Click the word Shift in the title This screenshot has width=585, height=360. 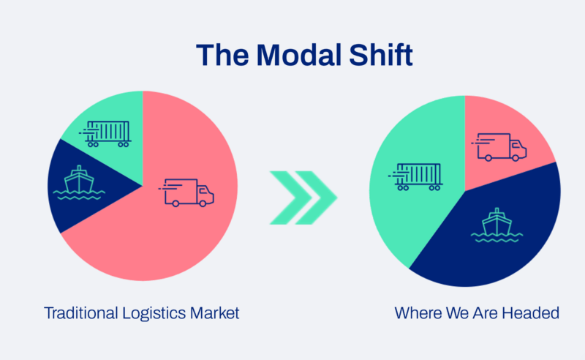tap(365, 56)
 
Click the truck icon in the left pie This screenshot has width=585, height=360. tap(189, 192)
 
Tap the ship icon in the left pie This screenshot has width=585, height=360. tap(78, 183)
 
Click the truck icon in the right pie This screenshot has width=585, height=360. tap(501, 146)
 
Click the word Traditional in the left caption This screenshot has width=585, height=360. tap(79, 313)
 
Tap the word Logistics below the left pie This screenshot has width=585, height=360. tap(157, 313)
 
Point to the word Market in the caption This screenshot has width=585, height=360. tap(217, 313)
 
